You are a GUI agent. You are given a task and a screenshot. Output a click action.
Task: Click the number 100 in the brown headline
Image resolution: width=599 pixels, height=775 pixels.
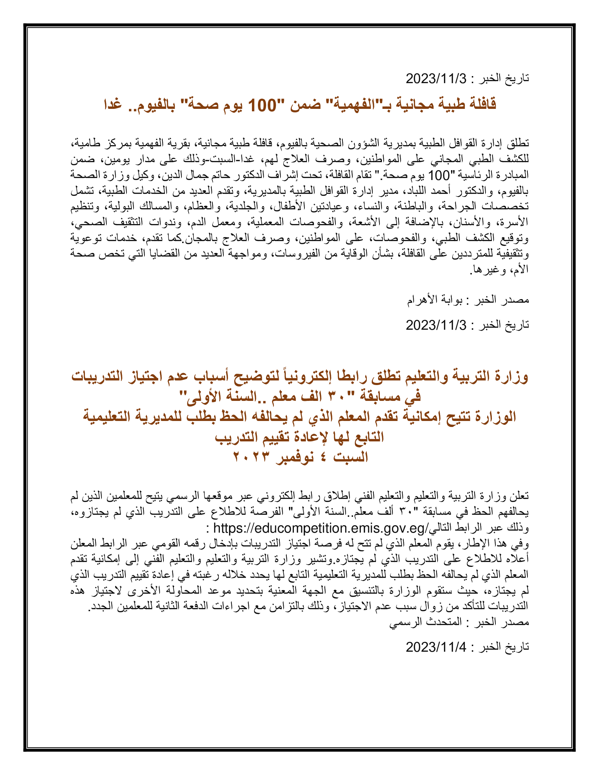tap(262, 105)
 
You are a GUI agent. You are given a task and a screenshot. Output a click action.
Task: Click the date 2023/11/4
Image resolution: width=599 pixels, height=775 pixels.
tap(436, 647)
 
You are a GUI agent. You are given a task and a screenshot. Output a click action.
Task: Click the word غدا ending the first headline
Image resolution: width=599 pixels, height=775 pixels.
tap(113, 105)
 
